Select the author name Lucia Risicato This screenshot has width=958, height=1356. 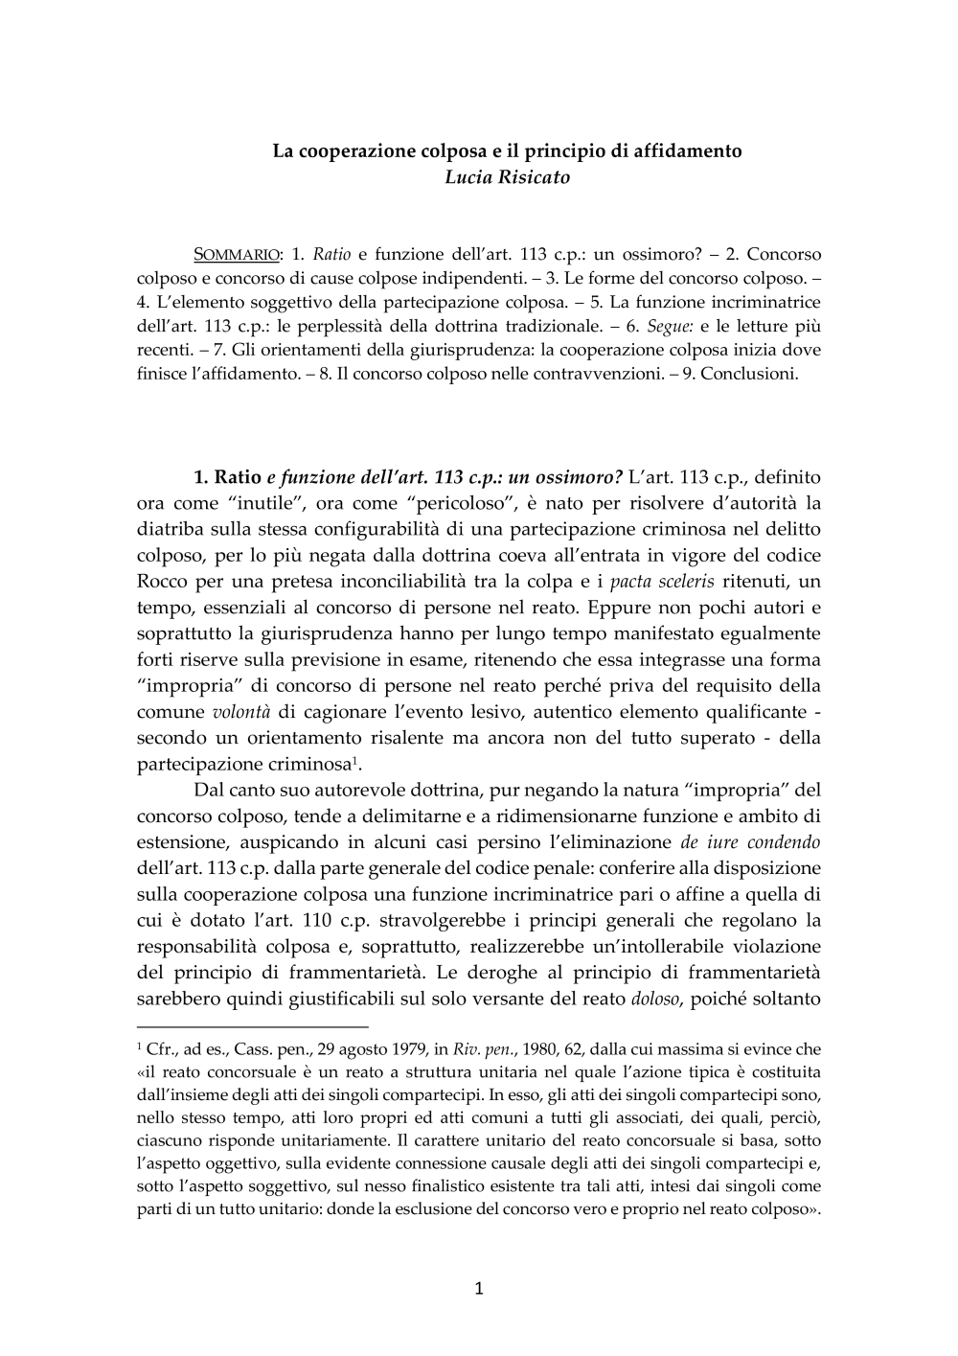click(507, 177)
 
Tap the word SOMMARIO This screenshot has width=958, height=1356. click(238, 255)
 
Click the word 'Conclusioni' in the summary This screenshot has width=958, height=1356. click(749, 374)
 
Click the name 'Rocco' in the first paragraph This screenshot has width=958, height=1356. click(164, 582)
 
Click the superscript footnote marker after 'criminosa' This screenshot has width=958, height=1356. click(355, 760)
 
